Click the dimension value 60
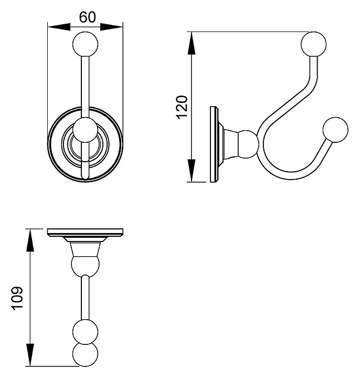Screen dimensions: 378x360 (87, 17)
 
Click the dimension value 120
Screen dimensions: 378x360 (182, 107)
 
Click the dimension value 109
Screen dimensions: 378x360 (17, 299)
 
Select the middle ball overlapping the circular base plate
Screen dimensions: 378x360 (84, 131)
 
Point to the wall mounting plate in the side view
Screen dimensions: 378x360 (213, 144)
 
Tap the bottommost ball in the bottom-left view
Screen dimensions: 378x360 (84, 355)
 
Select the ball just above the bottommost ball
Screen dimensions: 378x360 (84, 331)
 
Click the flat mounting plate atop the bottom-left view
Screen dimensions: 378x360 (84, 232)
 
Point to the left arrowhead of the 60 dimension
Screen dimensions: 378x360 (55, 27)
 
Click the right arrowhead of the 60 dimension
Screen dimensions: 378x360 (117, 27)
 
